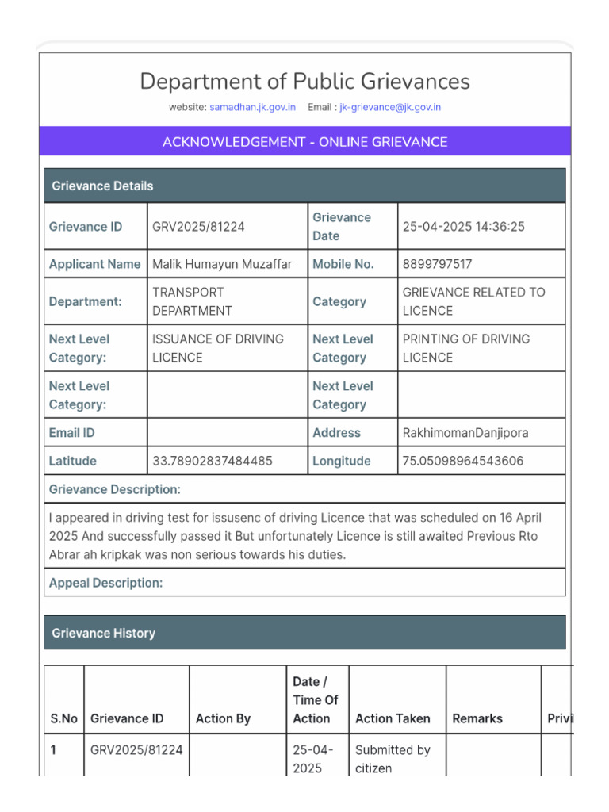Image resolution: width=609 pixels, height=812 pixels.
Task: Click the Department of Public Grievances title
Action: pos(304,82)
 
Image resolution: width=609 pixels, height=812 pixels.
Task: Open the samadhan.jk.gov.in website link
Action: pos(252,107)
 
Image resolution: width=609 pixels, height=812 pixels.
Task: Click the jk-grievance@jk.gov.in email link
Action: pos(390,107)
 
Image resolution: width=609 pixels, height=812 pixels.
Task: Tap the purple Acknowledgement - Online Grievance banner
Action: pos(304,142)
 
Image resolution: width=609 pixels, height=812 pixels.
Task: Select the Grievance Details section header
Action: pos(304,186)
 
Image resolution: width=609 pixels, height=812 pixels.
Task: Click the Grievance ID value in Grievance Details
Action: pos(198,227)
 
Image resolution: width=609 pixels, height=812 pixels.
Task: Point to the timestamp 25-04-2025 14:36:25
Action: pos(463,227)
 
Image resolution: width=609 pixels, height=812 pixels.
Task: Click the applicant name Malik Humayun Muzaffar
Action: pos(222,264)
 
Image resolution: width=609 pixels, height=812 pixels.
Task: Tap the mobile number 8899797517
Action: pos(437,264)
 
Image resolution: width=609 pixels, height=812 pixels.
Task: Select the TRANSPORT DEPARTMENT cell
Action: pos(192,301)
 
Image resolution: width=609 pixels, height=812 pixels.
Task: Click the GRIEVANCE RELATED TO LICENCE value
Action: pos(473,301)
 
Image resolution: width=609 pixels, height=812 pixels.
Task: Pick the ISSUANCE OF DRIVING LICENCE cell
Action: pos(217,348)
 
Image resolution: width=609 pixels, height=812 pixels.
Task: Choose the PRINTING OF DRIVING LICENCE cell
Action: pos(465,348)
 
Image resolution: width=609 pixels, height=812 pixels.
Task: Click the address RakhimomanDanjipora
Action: pos(465,433)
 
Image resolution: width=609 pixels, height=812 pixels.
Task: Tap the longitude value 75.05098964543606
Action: pos(463,461)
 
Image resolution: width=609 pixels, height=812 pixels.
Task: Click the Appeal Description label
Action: pos(105,583)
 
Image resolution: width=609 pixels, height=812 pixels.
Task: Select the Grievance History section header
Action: pos(304,633)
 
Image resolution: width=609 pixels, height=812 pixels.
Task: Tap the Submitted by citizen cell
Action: pos(393,759)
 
